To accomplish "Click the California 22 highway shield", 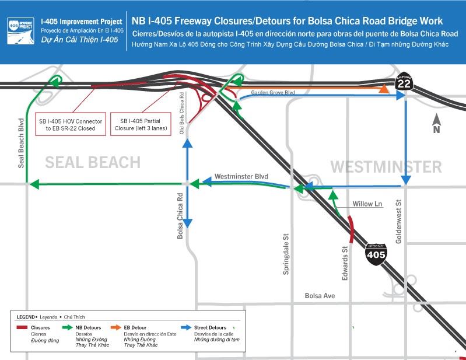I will (x=404, y=83).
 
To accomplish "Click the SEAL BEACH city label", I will (x=93, y=162).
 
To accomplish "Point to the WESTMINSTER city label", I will (x=386, y=167).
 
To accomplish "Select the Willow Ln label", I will (x=367, y=204).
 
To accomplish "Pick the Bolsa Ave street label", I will (x=320, y=296).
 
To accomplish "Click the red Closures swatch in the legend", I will (x=22, y=328).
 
